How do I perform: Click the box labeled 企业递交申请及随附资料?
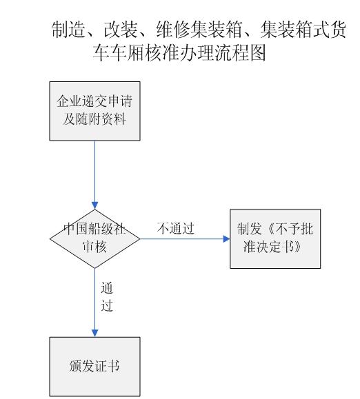click(x=94, y=111)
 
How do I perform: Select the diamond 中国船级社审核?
click(x=94, y=238)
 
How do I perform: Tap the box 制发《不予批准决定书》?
click(x=275, y=238)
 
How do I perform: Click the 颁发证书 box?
click(x=94, y=367)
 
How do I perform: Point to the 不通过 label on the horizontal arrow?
click(x=176, y=228)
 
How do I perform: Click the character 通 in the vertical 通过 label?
click(x=107, y=288)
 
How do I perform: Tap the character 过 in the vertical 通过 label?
click(x=107, y=305)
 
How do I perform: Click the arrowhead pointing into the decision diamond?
click(x=94, y=205)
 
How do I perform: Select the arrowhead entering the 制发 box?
click(x=226, y=238)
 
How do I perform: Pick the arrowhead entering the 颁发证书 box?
click(x=94, y=334)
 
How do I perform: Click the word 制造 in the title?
click(x=68, y=30)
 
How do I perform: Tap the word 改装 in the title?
click(x=121, y=30)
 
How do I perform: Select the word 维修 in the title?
click(x=173, y=30)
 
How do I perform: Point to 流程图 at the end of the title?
click(x=240, y=52)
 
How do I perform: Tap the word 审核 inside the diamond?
click(x=94, y=246)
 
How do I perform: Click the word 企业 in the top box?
click(x=69, y=101)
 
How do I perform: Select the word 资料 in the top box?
click(x=114, y=119)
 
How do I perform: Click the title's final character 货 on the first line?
click(x=338, y=30)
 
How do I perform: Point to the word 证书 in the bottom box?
click(x=107, y=366)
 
